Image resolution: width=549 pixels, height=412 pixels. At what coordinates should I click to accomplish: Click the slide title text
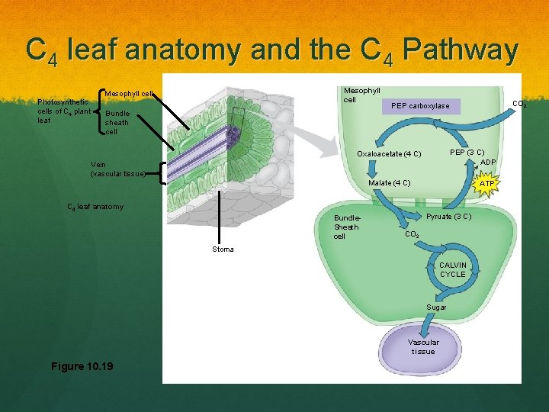click(272, 50)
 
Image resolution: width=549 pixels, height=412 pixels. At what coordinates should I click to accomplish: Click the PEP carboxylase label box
click(420, 106)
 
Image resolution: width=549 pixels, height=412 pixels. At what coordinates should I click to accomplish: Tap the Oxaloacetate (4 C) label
click(389, 154)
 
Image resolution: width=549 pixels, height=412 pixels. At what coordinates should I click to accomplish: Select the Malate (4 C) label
click(389, 183)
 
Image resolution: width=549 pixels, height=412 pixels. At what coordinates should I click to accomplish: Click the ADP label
click(488, 162)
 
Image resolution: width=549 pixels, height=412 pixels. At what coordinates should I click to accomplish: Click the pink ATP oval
click(486, 184)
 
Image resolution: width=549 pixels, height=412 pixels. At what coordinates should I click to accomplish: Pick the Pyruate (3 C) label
click(448, 217)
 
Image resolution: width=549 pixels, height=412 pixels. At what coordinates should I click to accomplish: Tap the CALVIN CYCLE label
click(452, 269)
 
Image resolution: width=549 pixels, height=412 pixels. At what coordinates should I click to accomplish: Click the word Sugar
click(436, 307)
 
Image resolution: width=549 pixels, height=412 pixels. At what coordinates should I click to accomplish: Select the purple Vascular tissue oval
click(423, 346)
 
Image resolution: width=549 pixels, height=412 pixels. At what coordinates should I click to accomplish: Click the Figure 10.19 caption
click(82, 366)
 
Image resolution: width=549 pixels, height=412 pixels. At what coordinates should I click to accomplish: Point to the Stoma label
click(223, 249)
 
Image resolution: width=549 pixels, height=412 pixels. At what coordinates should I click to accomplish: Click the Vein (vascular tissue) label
click(117, 169)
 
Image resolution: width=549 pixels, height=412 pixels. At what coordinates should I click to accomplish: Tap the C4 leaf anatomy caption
click(95, 207)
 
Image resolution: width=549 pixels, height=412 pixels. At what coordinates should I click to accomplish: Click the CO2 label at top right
click(519, 104)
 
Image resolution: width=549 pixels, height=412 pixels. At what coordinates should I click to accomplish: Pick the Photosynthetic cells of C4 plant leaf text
click(65, 111)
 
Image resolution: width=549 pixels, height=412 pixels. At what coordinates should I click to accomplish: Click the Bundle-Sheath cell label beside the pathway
click(346, 227)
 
